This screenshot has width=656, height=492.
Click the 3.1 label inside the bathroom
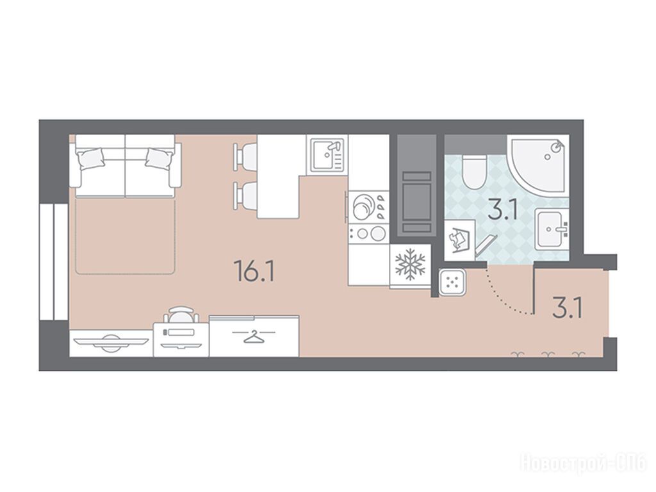(x=504, y=209)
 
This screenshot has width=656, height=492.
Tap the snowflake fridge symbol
(x=410, y=265)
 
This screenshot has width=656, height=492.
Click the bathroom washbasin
(x=552, y=230)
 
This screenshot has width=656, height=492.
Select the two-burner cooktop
(x=368, y=233)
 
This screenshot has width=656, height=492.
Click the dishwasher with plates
(x=368, y=207)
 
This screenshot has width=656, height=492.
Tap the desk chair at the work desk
(x=181, y=314)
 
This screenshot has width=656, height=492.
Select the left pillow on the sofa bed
(x=90, y=160)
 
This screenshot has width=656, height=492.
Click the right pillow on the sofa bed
(x=160, y=159)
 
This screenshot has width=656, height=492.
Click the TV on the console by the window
(x=110, y=341)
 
